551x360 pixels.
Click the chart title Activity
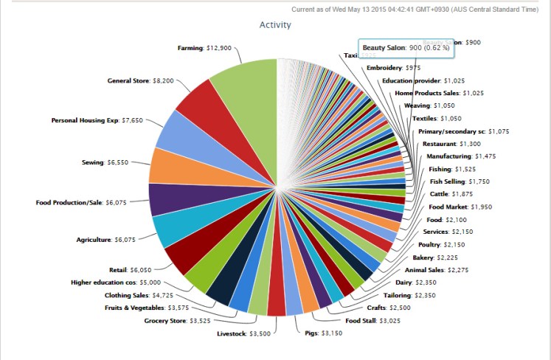tap(275, 25)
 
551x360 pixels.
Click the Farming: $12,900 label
tap(204, 48)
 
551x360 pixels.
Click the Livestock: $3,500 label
tap(243, 334)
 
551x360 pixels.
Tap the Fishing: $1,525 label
tap(452, 169)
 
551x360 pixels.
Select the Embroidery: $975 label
tap(394, 68)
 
